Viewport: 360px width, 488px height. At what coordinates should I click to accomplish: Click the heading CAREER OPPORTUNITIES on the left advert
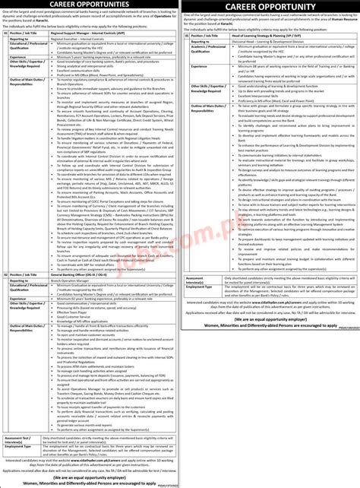90,5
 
